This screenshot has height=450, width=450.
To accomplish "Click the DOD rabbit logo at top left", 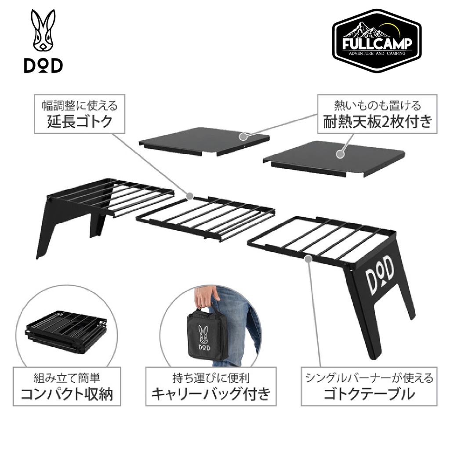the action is (x=43, y=41).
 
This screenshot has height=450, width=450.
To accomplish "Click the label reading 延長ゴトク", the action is (x=80, y=121).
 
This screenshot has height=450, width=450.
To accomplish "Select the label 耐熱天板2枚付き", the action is (x=377, y=121).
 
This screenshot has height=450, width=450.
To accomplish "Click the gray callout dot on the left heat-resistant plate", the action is (x=243, y=136).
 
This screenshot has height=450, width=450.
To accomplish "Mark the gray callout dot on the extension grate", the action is (x=189, y=196).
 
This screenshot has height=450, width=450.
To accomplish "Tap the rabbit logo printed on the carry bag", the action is (x=204, y=337).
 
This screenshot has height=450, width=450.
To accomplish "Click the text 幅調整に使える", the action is (x=80, y=105).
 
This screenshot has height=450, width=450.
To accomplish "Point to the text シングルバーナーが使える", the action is (x=369, y=377).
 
